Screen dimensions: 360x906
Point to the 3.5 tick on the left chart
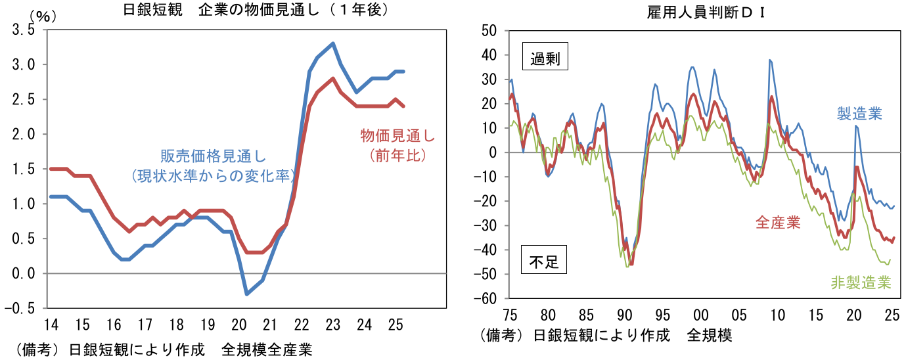(x=22, y=30)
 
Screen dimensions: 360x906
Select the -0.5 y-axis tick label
(x=20, y=308)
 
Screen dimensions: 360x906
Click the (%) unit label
(x=41, y=16)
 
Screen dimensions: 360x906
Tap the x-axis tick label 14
(x=51, y=325)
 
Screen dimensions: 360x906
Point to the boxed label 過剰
(x=544, y=58)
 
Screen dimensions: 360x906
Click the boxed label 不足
(x=544, y=263)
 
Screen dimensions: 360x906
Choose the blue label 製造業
(x=859, y=114)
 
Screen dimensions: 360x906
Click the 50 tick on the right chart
(x=491, y=30)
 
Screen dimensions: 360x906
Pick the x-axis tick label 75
(x=510, y=314)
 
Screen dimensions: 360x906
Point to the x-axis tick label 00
(x=701, y=314)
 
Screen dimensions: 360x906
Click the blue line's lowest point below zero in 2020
(x=246, y=294)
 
